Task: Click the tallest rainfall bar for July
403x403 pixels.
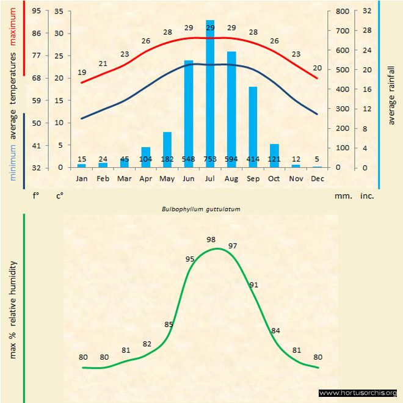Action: (210, 92)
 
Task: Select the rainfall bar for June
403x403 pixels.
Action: (189, 113)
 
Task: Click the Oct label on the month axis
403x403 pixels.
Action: (274, 178)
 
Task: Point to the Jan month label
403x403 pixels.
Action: (81, 178)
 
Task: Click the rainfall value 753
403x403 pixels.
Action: (210, 160)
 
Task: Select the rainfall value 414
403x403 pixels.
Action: (253, 160)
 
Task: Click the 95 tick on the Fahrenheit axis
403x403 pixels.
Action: (37, 11)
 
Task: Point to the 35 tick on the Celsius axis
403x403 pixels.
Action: (59, 11)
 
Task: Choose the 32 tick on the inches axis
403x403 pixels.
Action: (367, 11)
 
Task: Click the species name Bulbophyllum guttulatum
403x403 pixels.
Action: (201, 209)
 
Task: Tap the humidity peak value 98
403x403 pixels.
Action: (212, 239)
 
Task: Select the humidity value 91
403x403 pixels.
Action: (254, 284)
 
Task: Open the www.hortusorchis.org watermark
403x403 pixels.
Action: (358, 393)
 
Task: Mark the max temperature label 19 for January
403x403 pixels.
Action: (82, 73)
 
